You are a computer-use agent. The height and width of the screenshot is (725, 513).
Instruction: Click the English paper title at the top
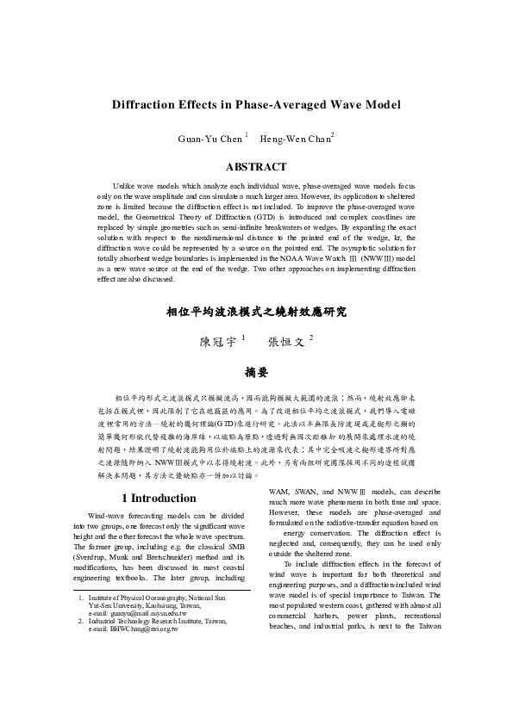pyautogui.click(x=256, y=105)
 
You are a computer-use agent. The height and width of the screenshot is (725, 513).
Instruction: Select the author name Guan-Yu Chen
pyautogui.click(x=211, y=138)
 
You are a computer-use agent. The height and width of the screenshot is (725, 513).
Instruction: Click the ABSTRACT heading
pyautogui.click(x=256, y=166)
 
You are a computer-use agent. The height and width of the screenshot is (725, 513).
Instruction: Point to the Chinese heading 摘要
pyautogui.click(x=256, y=372)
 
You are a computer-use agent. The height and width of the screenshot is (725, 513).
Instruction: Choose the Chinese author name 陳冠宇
pyautogui.click(x=218, y=341)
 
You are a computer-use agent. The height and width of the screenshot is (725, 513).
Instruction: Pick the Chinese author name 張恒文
pyautogui.click(x=287, y=341)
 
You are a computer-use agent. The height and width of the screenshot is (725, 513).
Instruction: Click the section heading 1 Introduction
pyautogui.click(x=159, y=498)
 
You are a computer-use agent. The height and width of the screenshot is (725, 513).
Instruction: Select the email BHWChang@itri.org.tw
pyautogui.click(x=133, y=629)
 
